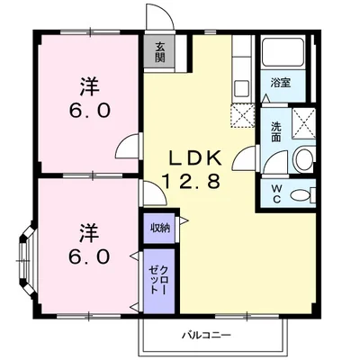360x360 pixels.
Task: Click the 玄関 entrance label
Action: click(159, 53)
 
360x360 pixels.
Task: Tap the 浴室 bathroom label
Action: click(279, 82)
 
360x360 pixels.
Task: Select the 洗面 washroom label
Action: click(275, 132)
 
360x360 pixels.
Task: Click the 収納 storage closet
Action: click(159, 229)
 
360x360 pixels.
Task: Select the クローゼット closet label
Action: click(159, 280)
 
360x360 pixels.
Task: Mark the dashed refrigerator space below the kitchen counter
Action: click(241, 117)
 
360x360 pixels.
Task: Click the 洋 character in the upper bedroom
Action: click(88, 87)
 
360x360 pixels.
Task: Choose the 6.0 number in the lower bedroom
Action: click(88, 256)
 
